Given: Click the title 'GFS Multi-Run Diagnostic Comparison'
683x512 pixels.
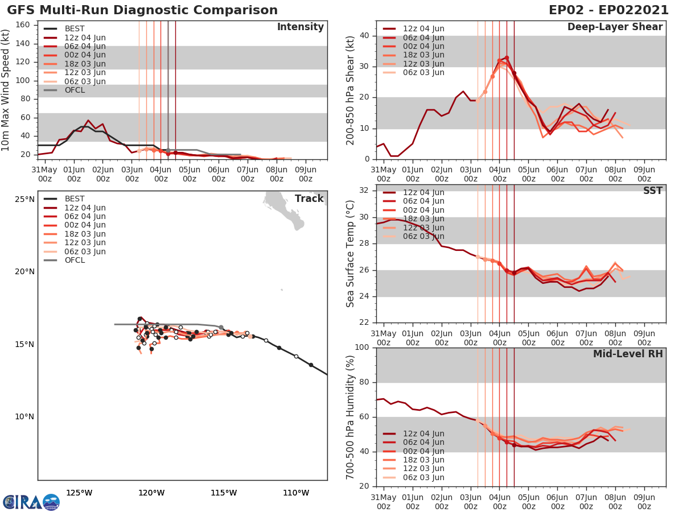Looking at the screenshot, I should [142, 10].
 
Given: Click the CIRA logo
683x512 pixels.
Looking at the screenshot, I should [31, 502].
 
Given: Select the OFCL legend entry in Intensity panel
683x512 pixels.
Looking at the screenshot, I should [75, 90].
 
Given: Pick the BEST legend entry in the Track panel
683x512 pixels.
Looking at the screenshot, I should [75, 199].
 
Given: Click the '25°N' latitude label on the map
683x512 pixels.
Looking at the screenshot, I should [24, 199].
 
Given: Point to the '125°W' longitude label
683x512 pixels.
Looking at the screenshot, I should [79, 493].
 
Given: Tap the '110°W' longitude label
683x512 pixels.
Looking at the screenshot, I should [296, 493].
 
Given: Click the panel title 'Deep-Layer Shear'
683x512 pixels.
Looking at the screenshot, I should [615, 27].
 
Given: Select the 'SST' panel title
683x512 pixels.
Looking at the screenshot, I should [653, 191].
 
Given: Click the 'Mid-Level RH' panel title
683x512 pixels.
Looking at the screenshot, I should [628, 354].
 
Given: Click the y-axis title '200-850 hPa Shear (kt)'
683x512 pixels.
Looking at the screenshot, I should [351, 90].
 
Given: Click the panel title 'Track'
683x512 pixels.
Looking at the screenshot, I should [309, 199].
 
